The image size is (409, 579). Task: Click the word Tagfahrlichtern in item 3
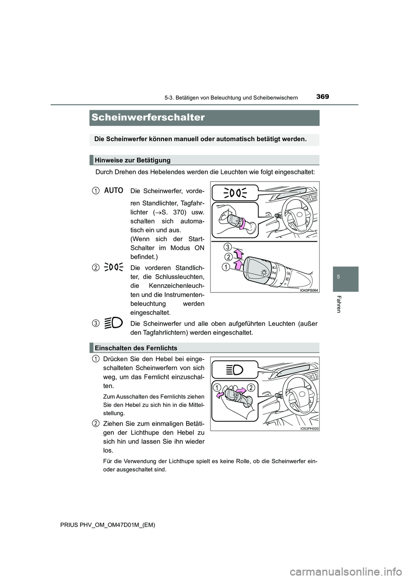[151, 333]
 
